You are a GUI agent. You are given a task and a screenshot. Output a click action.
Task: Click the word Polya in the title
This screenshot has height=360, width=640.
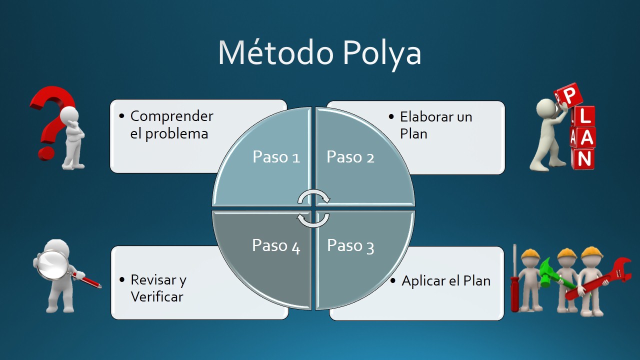point(382,52)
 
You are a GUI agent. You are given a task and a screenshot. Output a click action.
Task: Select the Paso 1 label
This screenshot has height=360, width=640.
point(276,157)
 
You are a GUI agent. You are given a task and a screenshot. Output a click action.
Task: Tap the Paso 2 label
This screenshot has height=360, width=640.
point(350,157)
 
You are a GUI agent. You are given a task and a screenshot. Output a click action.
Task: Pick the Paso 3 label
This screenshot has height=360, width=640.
point(350,245)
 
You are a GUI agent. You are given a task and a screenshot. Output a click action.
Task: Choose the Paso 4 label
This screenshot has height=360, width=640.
point(276,245)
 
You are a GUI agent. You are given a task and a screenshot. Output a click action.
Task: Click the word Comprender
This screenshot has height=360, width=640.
point(171,116)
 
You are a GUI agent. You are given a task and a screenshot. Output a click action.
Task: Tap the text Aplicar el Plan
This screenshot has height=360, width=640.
point(446,280)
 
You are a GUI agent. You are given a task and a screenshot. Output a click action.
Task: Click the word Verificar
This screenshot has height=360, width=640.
point(157,297)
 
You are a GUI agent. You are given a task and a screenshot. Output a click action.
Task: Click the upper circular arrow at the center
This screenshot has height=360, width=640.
point(313,196)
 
